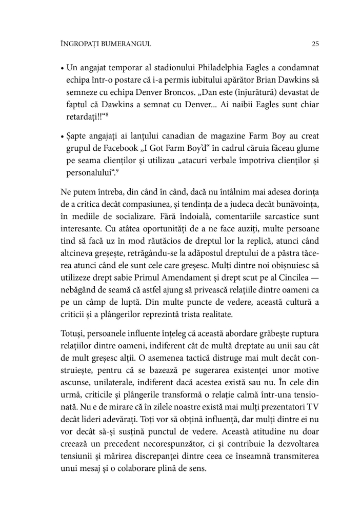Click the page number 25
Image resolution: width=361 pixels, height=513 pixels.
point(315,44)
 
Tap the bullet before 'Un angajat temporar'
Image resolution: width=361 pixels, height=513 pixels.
point(62,68)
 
